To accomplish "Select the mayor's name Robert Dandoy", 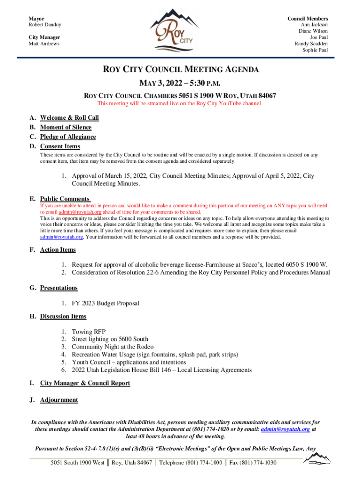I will point(45,25).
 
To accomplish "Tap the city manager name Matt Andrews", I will point(44,44).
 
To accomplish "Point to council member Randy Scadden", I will point(311,44).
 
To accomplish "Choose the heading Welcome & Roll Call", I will point(69,118).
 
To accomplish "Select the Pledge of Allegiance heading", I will point(68,137).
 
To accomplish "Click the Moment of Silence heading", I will point(65,127).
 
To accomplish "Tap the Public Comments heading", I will point(65,199).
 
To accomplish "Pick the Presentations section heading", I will point(58,288).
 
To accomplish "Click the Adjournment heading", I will point(59,400).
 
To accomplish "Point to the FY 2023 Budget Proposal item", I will point(105,304).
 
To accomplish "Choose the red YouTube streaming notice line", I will point(180,103).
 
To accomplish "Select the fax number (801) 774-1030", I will point(254,463).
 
